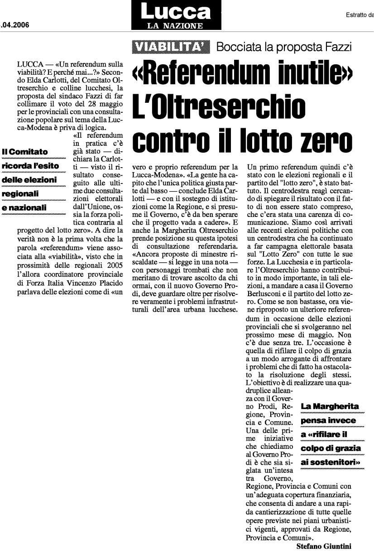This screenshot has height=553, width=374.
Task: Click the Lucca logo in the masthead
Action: [x=176, y=11]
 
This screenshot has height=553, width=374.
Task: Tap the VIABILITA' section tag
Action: [x=171, y=46]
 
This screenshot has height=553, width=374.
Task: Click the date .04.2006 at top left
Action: [x=15, y=25]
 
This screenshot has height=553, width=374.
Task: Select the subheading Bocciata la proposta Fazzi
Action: [x=284, y=46]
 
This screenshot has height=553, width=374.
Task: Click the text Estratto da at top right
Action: [x=358, y=14]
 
